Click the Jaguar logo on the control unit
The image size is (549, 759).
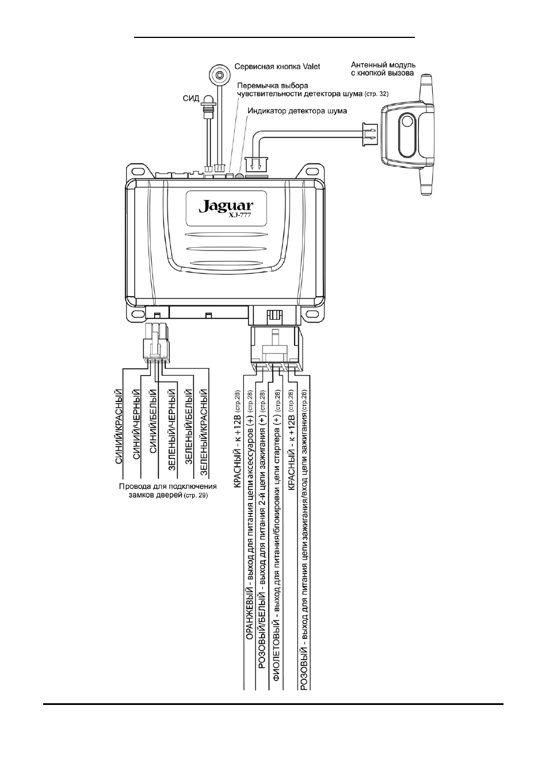(226, 206)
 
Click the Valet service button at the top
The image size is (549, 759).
(219, 75)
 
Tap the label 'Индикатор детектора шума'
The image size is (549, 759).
(297, 111)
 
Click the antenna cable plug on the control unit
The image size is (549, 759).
(253, 165)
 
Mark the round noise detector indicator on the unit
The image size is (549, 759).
(239, 176)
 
